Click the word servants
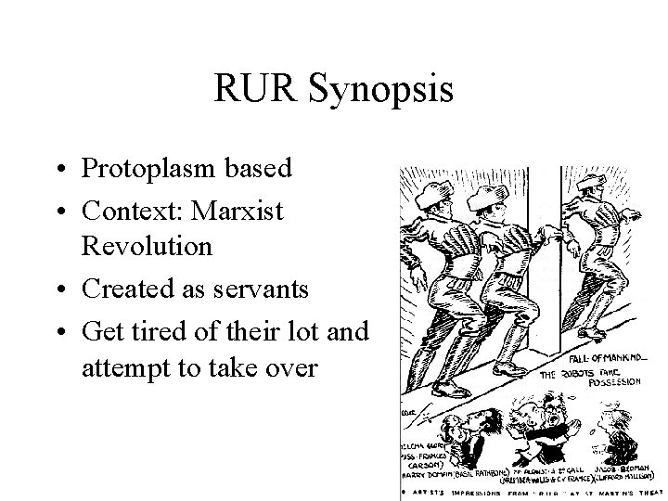point(261,289)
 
